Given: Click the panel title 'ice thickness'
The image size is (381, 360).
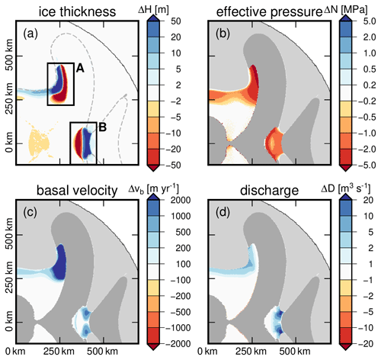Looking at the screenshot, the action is (77, 11).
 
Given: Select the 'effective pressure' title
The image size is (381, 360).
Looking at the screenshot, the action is (269, 12).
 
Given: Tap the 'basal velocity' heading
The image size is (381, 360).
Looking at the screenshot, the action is (77, 191).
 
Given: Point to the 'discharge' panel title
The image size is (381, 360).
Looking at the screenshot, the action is (269, 191).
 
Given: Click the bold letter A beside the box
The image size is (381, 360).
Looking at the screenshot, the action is (80, 68).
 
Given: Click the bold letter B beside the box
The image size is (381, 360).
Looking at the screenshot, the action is (102, 127).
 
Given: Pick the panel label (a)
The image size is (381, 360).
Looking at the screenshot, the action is (30, 34).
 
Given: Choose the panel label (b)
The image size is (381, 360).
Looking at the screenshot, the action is (223, 34).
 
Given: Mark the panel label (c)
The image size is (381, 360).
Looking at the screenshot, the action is (30, 212).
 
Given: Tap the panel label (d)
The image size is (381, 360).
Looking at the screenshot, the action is (223, 212).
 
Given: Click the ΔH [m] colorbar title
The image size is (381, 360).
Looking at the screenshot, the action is (153, 10).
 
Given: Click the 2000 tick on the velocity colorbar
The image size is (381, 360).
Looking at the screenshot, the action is (181, 200).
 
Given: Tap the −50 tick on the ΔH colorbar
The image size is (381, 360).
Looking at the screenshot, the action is (173, 166).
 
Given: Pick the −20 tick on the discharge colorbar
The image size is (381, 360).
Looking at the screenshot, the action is (366, 344).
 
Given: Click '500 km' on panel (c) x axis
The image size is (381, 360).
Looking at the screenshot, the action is (102, 352).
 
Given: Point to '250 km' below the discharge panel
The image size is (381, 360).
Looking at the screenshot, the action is (251, 352).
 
